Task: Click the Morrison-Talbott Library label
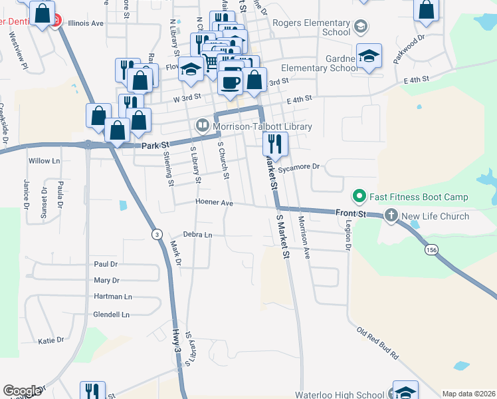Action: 262,126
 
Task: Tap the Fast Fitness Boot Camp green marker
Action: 359,196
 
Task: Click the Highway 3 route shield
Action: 156,234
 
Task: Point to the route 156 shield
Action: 432,249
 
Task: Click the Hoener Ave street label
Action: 214,202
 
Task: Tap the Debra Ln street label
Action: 197,235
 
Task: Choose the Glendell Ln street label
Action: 112,315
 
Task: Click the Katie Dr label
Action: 51,340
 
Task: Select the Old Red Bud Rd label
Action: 377,343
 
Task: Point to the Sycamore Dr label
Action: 299,168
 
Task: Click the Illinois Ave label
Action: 88,23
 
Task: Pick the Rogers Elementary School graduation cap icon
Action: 361,27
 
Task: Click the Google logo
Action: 22,391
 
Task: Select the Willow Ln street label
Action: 45,161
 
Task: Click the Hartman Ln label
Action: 113,297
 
